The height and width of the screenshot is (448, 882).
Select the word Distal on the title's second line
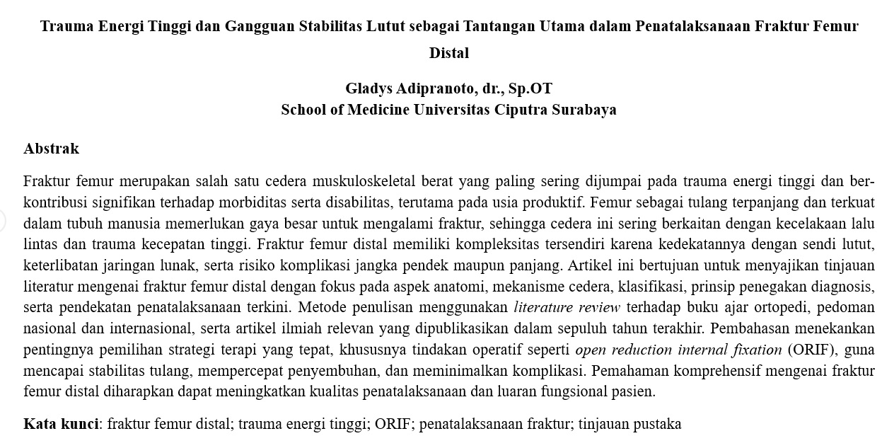click(449, 53)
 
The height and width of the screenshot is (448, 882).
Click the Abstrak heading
click(51, 149)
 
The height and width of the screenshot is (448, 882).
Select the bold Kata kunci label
click(61, 424)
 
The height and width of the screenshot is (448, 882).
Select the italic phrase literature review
click(567, 308)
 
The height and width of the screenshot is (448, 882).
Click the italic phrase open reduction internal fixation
click(678, 350)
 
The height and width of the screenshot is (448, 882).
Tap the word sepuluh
click(592, 328)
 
